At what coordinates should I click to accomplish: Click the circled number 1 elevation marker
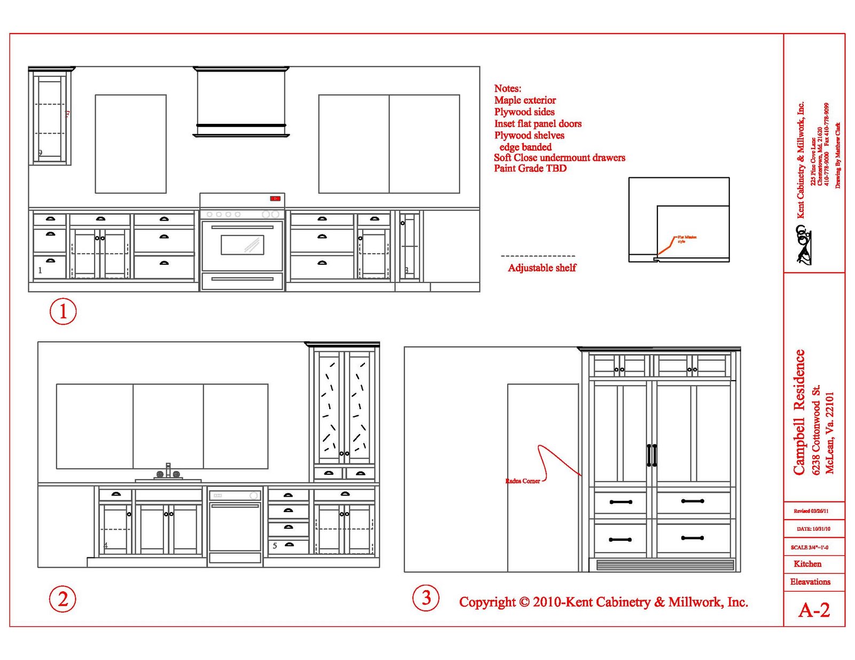tap(63, 311)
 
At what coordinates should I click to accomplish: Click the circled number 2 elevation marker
tap(63, 599)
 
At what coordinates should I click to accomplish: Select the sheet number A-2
tap(814, 610)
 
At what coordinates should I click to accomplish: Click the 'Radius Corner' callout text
tap(523, 481)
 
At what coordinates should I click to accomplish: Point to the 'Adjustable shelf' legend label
tap(542, 268)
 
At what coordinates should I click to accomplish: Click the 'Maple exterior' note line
tap(525, 100)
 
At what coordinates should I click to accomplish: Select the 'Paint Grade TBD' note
tap(530, 169)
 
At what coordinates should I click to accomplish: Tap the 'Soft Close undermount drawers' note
tap(559, 158)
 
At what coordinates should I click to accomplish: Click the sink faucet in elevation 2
tap(168, 472)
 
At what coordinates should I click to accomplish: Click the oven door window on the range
tap(242, 245)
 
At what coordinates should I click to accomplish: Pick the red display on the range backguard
tap(275, 199)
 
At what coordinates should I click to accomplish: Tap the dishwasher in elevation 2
tap(235, 526)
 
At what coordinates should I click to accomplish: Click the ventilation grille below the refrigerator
tap(665, 565)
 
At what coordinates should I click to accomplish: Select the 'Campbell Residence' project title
tap(799, 412)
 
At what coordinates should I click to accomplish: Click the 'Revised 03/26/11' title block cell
tap(811, 511)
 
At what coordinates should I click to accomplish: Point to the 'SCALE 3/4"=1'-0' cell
tap(810, 547)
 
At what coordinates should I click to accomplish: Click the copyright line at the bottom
tap(603, 602)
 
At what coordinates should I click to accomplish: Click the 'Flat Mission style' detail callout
tap(686, 239)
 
